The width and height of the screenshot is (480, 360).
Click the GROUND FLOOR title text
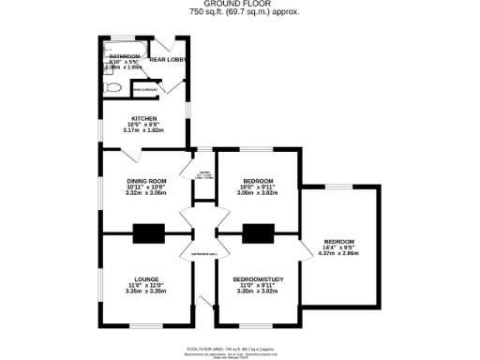(239, 4)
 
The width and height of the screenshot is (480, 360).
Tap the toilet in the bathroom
(112, 87)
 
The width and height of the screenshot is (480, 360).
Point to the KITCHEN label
(143, 118)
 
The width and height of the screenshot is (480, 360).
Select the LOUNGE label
(144, 278)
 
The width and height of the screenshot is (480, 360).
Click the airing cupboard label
(145, 91)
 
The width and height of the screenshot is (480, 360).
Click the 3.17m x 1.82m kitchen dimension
(143, 130)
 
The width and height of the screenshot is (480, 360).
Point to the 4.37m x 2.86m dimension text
(339, 253)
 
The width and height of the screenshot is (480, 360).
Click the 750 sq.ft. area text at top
(239, 12)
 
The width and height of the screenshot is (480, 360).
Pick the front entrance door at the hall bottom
(202, 302)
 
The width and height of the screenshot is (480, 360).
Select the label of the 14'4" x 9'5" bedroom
(339, 239)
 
